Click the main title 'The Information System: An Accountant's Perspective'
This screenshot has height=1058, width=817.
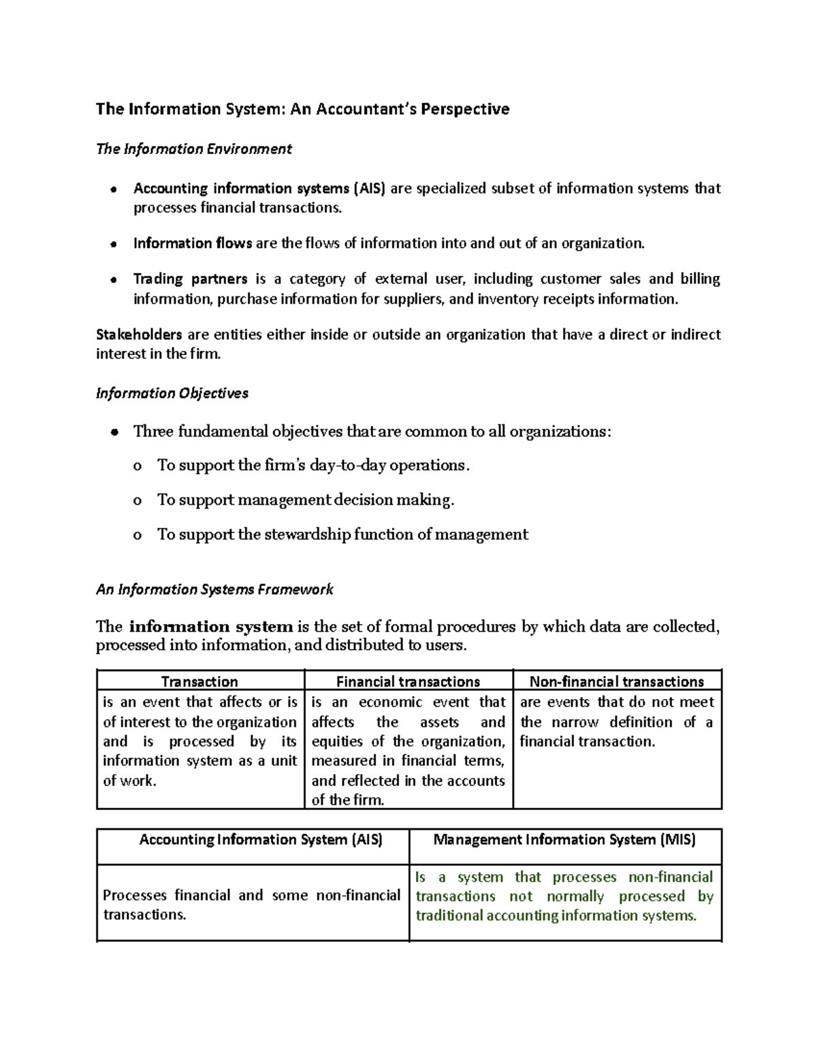point(302,109)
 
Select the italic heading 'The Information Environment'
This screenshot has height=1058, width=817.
point(194,149)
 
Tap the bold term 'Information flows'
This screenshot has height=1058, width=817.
point(193,243)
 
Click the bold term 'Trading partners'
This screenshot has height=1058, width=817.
point(190,279)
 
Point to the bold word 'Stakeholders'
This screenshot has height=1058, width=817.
point(139,334)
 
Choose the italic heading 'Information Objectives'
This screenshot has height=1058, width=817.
point(172,393)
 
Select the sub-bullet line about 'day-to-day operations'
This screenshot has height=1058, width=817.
point(313,465)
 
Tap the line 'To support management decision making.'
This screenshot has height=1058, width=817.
point(305,500)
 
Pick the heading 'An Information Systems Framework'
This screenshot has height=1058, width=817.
point(214,589)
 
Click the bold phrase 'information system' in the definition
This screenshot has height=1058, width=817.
point(210,627)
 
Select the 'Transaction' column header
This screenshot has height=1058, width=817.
point(199,681)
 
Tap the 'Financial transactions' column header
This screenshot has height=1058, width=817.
point(408,681)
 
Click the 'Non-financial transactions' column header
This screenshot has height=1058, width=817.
point(616,681)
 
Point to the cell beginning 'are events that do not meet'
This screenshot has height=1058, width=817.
point(616,721)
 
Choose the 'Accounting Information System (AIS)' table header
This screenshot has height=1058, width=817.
point(261,839)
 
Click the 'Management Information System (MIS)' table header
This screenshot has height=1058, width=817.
point(564,839)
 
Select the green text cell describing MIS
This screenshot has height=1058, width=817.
point(564,897)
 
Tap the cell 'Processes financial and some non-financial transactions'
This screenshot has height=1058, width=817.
point(251,905)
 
